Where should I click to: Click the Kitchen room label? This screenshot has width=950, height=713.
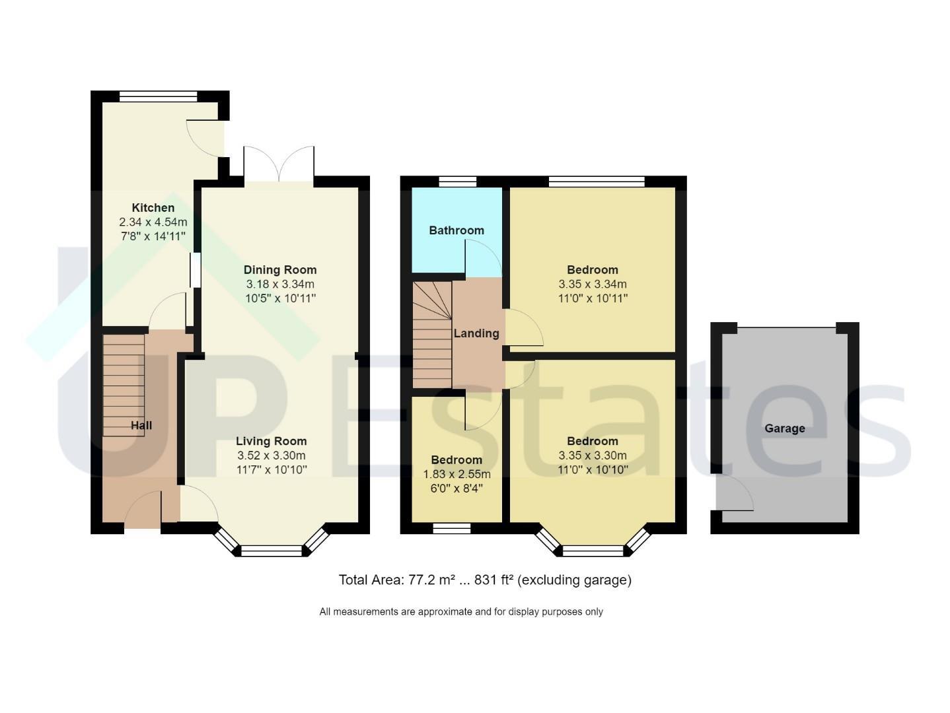click(153, 207)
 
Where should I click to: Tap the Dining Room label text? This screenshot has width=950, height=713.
click(280, 270)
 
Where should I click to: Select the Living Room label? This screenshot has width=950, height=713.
click(272, 441)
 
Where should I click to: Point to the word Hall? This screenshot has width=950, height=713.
click(141, 425)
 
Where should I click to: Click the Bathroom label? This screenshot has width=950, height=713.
click(457, 230)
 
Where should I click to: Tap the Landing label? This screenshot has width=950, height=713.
click(476, 333)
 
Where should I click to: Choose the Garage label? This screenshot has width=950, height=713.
click(785, 428)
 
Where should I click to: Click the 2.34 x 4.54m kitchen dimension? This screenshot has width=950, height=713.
click(153, 222)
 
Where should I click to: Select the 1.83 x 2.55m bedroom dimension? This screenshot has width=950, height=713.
click(457, 474)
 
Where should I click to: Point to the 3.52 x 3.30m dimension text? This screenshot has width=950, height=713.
click(272, 456)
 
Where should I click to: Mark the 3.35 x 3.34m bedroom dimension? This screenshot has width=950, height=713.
click(593, 284)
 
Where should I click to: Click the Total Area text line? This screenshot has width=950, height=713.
click(485, 580)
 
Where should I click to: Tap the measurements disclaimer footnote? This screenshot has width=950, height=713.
click(461, 612)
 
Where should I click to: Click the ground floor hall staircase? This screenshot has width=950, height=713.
click(124, 386)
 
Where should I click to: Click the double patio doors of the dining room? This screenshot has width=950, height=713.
click(279, 164)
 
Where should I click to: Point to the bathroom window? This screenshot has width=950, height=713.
click(458, 182)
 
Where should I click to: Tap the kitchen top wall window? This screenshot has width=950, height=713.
click(159, 96)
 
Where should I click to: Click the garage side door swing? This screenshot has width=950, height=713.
click(735, 493)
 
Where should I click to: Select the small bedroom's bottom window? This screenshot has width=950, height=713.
click(452, 528)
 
